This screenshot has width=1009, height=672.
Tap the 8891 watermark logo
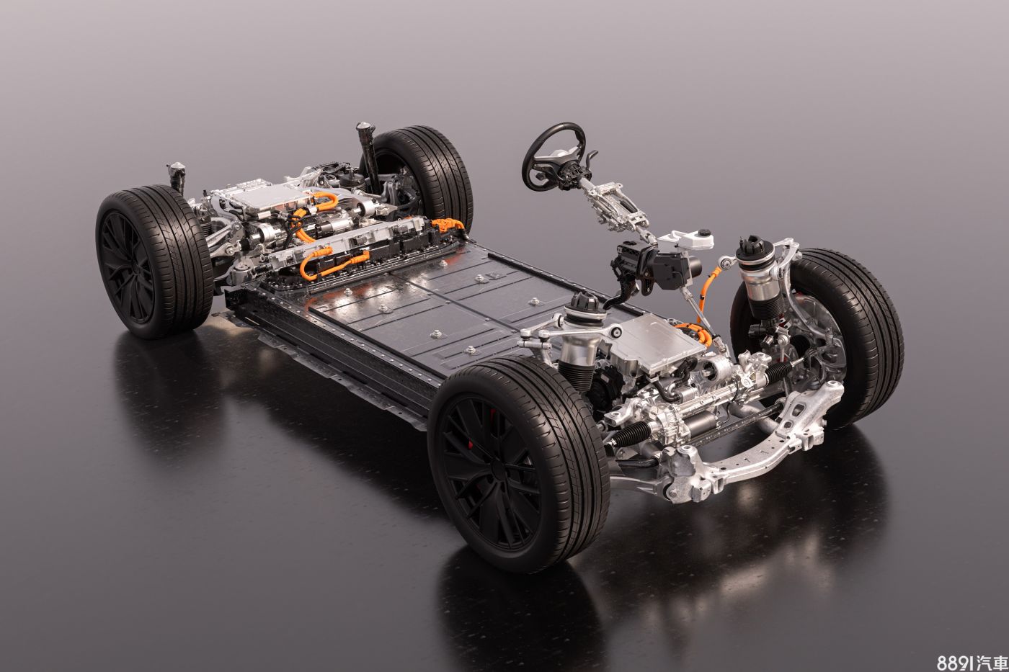[x=972, y=661]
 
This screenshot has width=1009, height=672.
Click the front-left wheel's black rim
[x=492, y=472]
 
